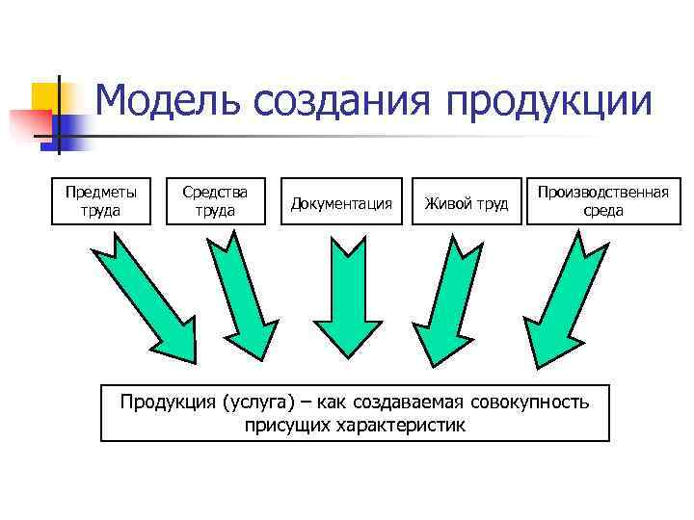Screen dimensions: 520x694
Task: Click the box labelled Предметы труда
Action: click(101, 201)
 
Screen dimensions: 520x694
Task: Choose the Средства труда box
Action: click(215, 201)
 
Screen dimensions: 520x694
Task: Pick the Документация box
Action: click(342, 202)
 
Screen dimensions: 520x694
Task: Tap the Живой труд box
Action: click(467, 202)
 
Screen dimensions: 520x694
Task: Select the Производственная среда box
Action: click(603, 201)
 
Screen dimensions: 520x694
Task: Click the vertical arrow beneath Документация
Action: click(341, 299)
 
